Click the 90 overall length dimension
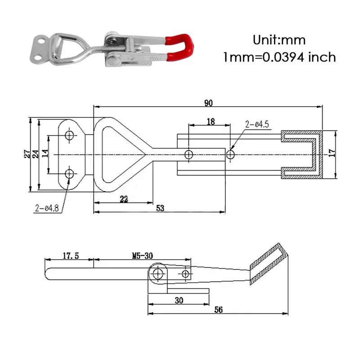click(208, 103)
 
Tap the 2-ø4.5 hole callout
click(256, 125)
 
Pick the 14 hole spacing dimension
click(45, 154)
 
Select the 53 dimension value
click(160, 208)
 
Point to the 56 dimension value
click(218, 310)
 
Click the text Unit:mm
click(279, 40)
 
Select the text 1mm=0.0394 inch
click(279, 57)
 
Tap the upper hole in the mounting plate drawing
click(69, 135)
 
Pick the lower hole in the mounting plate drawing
click(69, 173)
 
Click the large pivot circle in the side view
click(157, 273)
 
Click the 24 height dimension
click(36, 154)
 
